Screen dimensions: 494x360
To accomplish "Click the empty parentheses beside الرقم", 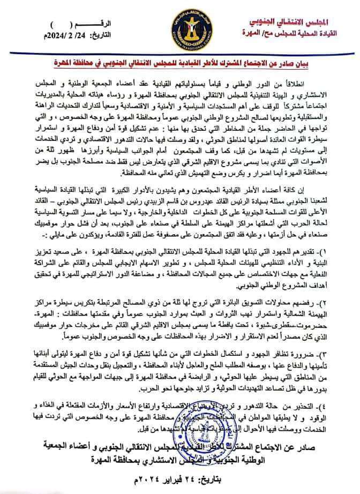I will pyautogui.click(x=54, y=24).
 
